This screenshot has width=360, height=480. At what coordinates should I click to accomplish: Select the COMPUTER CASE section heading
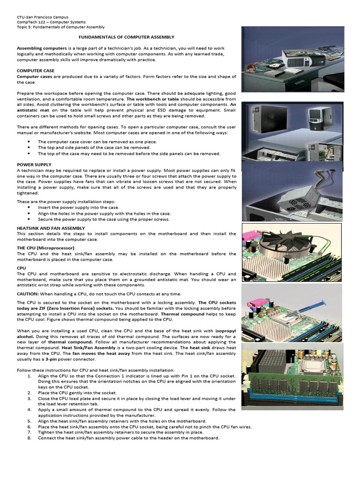pos(36,71)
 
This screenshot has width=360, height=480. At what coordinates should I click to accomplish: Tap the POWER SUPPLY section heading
pos(34,165)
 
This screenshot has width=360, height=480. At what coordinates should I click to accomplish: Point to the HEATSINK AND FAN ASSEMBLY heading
pos(51,227)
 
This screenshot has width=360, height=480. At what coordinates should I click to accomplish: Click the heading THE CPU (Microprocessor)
pos(46,247)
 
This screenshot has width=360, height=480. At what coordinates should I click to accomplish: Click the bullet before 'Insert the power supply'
pos(30,207)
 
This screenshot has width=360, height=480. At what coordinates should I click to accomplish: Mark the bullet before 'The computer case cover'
pos(30,142)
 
